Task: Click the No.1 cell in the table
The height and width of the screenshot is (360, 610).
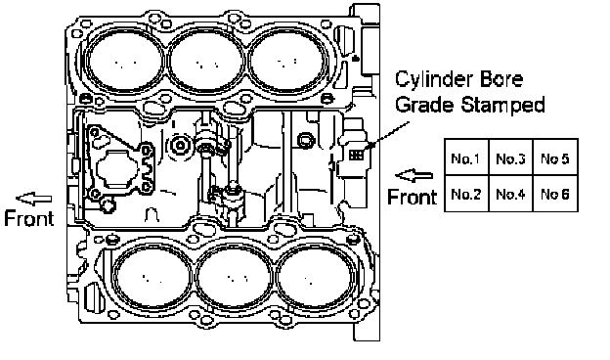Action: coord(466,157)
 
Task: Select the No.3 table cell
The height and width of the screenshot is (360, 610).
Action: coord(510,157)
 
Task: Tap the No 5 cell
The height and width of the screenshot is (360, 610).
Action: coord(555,157)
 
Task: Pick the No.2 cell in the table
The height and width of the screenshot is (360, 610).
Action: coord(466,194)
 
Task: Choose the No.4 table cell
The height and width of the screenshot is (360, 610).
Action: coord(510,194)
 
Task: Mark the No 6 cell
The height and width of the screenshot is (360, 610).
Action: coord(555,194)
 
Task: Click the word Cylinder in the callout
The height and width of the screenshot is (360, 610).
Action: coord(434,80)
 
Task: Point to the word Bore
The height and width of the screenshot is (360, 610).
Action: coord(501,79)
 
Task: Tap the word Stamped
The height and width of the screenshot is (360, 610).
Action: coord(502,105)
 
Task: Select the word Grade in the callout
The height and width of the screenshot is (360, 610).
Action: coord(424,105)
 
